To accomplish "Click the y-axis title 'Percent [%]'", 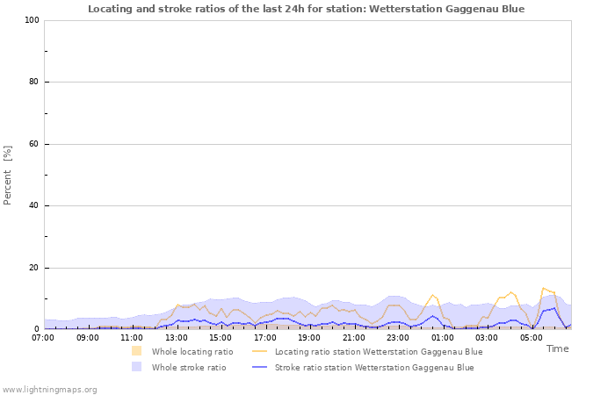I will (x=8, y=175).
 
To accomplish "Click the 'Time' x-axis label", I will (x=557, y=348).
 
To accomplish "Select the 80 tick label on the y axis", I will (x=33, y=83).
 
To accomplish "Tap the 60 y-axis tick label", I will (x=33, y=144).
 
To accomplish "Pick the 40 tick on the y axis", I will (x=33, y=206).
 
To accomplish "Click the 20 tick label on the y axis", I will (x=33, y=268).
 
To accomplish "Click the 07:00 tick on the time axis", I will (x=43, y=337).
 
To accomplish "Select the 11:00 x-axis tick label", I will (x=132, y=337).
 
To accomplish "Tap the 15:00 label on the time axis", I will (x=221, y=337).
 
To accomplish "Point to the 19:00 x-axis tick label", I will (x=309, y=337).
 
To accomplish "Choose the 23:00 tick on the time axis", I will (x=398, y=337).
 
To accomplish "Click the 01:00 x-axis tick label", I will (x=442, y=337).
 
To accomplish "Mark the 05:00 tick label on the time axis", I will (x=531, y=337).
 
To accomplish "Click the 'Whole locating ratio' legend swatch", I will (x=137, y=351).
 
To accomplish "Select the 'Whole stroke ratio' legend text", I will (x=189, y=368).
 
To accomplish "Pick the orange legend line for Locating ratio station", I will (x=260, y=351).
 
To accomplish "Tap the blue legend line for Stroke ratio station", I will (x=260, y=368).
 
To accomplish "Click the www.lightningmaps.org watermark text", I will (x=50, y=389).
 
